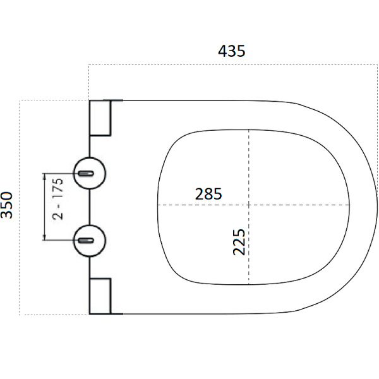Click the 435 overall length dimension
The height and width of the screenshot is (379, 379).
click(232, 51)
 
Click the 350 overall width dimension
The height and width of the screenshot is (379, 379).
click(6, 205)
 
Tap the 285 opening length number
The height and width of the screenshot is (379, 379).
click(208, 194)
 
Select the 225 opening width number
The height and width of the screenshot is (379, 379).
click(239, 242)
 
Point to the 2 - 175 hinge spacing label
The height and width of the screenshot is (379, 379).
click(57, 199)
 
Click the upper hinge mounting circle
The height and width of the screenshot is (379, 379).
click(90, 173)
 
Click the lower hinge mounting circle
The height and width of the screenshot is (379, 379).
click(90, 241)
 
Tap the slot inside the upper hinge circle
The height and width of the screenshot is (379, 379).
click(86, 173)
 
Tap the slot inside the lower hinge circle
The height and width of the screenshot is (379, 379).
click(86, 241)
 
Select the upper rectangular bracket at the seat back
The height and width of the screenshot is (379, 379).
click(100, 118)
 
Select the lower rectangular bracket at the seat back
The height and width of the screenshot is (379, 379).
click(100, 296)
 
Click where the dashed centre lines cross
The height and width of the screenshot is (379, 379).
click(249, 205)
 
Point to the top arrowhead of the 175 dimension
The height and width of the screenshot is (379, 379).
click(44, 176)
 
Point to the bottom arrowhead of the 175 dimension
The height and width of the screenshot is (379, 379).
click(44, 237)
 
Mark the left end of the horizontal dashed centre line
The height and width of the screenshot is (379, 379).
click(157, 205)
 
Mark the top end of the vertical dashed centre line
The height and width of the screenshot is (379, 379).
click(249, 129)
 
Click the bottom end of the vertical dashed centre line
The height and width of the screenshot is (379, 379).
click(249, 284)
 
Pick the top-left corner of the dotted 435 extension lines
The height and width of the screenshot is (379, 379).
click(89, 64)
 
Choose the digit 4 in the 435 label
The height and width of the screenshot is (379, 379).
click(222, 51)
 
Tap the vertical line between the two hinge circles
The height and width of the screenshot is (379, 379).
click(90, 207)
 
